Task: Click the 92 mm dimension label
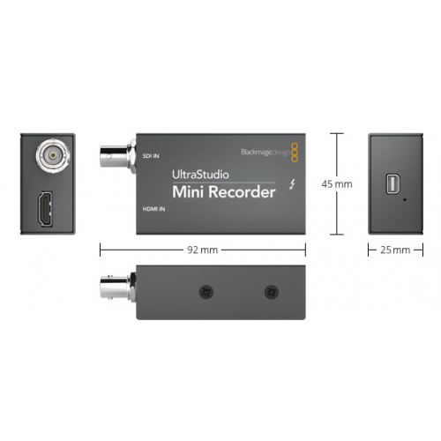tap(203, 250)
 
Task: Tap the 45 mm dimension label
tap(337, 184)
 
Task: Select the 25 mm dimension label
tap(395, 250)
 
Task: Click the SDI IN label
tap(151, 156)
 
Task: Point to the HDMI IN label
tap(153, 209)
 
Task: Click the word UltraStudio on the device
tap(200, 175)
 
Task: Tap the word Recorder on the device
tap(242, 192)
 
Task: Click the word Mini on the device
tap(189, 192)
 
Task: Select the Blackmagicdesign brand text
tap(265, 153)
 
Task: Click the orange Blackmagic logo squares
tap(295, 153)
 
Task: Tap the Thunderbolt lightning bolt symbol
tap(292, 184)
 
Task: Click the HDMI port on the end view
tap(45, 209)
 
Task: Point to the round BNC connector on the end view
tap(53, 154)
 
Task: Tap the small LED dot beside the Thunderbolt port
tap(405, 199)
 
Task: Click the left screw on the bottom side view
tap(206, 292)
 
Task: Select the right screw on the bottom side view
tap(272, 292)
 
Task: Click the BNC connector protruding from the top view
tap(118, 156)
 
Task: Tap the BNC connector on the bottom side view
tap(118, 288)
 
